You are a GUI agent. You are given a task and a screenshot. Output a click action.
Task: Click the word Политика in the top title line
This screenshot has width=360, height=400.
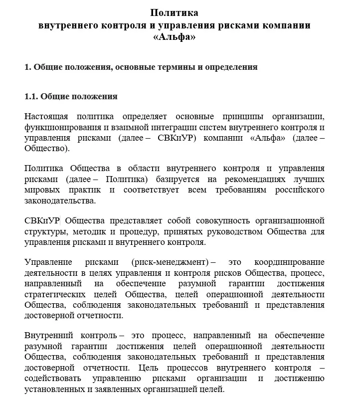click(x=175, y=13)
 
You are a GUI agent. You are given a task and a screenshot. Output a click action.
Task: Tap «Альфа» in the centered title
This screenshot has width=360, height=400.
click(x=175, y=37)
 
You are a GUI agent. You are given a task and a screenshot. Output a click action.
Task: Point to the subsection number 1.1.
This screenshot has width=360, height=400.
click(x=31, y=96)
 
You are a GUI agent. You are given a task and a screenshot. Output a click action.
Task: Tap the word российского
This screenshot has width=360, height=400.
click(x=301, y=190)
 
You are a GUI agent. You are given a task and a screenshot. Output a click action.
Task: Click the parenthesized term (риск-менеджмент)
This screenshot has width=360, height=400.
click(x=170, y=262)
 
